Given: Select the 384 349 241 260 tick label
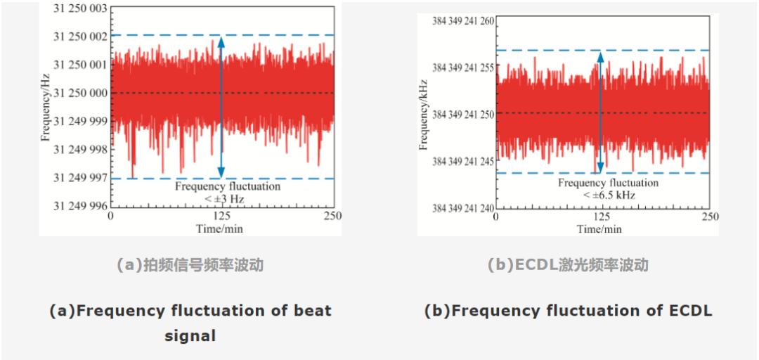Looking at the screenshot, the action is [460, 21].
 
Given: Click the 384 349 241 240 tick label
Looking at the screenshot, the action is [460, 208].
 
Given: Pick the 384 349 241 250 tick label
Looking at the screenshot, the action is [460, 115].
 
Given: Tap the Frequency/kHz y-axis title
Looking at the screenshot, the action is [424, 115].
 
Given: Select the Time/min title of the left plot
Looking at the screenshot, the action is [219, 229].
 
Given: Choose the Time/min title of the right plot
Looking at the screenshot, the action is [599, 229].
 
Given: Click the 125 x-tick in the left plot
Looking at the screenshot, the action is [221, 216].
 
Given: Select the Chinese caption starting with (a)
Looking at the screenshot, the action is [190, 266].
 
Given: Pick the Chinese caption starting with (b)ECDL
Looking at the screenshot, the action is [568, 266].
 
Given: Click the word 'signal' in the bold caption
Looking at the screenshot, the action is [190, 336].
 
